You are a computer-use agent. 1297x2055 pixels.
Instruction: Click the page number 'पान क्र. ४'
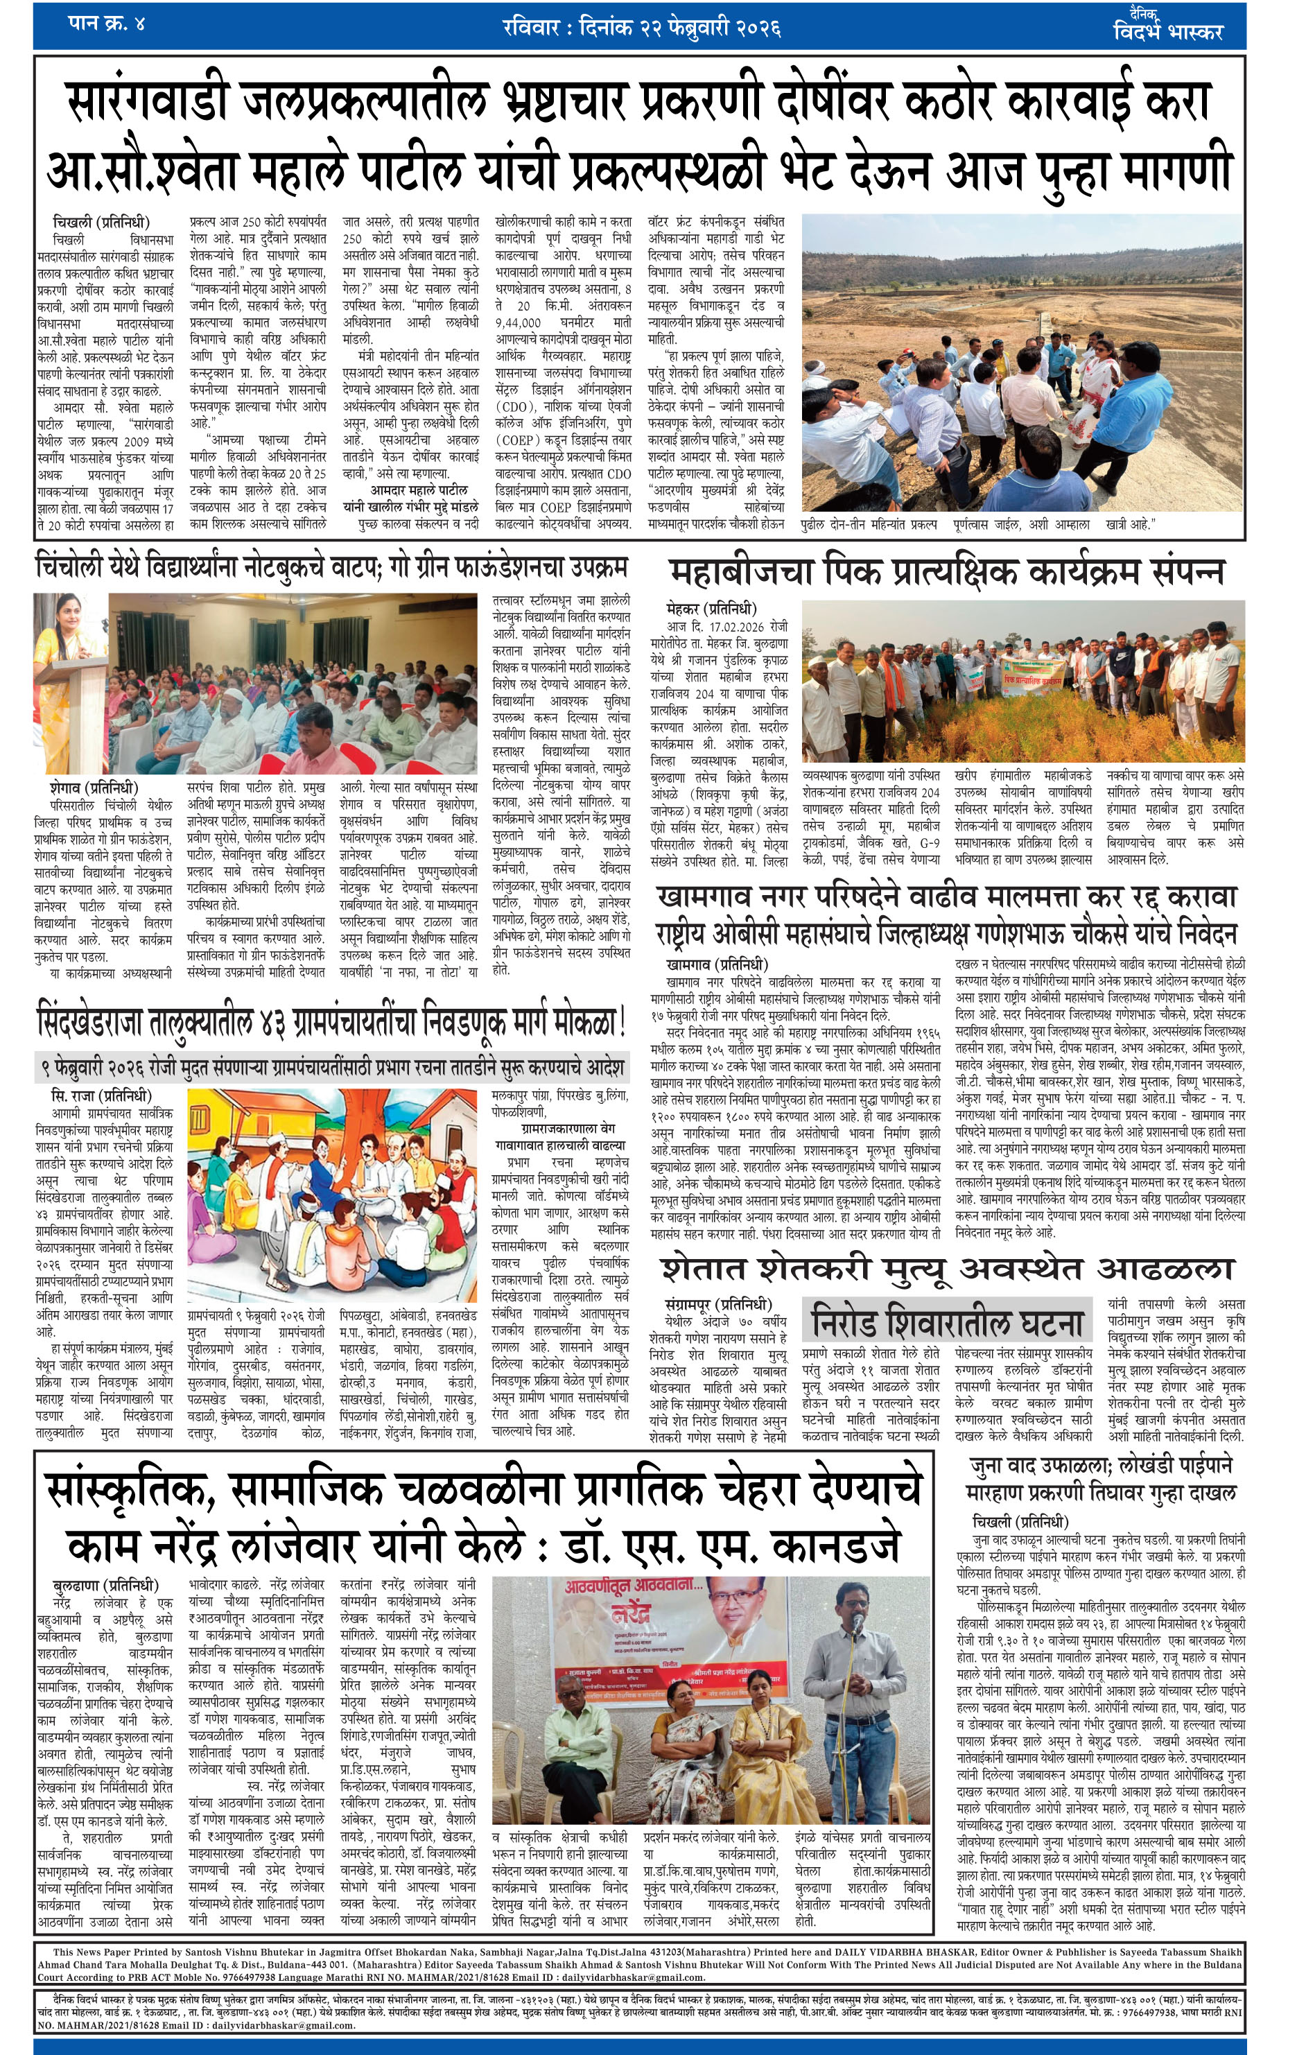click(x=107, y=23)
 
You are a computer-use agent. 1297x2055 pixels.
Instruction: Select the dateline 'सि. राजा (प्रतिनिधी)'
click(x=101, y=1095)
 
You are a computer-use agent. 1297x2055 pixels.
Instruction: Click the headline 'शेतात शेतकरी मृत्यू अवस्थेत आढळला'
click(x=947, y=1269)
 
